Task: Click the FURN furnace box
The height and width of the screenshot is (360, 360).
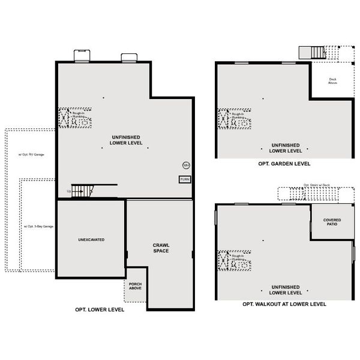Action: click(185, 179)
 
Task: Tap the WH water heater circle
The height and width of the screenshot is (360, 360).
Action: click(186, 164)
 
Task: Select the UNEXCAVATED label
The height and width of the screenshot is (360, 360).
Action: click(91, 239)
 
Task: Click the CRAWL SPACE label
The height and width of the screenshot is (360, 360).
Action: click(160, 247)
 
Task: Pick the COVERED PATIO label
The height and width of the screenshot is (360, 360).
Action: click(332, 222)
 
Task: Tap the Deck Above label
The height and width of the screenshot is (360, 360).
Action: click(332, 81)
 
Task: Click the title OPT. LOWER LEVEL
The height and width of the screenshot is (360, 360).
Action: click(99, 310)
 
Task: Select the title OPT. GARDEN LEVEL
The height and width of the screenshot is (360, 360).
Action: click(285, 163)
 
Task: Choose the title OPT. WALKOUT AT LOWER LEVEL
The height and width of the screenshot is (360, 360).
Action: click(284, 304)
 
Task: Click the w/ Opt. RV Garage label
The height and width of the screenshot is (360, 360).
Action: click(31, 154)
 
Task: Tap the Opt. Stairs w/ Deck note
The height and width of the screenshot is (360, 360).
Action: click(316, 185)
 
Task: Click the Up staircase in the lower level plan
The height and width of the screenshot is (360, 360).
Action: click(83, 191)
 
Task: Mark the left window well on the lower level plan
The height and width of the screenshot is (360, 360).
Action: click(82, 56)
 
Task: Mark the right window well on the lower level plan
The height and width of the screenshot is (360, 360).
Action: click(129, 58)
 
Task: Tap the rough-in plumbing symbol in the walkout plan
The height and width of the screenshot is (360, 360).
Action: click(233, 260)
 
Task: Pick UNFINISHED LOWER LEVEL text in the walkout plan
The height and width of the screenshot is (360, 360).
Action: click(286, 290)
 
